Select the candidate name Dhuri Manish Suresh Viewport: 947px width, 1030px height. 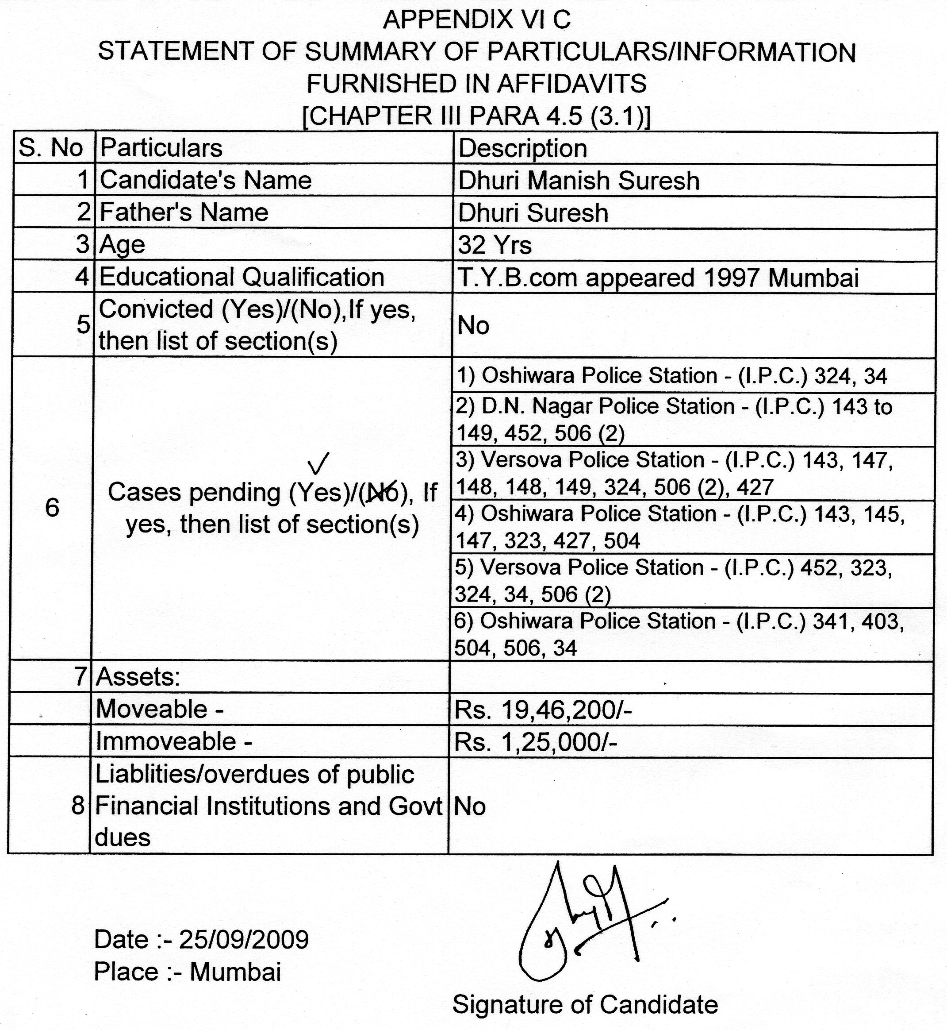pyautogui.click(x=579, y=181)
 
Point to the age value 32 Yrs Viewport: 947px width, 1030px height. pyautogui.click(x=495, y=245)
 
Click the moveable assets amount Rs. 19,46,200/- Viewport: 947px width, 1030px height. pyautogui.click(x=543, y=710)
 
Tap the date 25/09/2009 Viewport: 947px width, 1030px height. pyautogui.click(x=244, y=940)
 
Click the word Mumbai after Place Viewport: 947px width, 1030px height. pyautogui.click(x=235, y=972)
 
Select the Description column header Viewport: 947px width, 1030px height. pyautogui.click(x=522, y=149)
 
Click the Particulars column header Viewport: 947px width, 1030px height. pyautogui.click(x=161, y=148)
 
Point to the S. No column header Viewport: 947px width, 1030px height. pyautogui.click(x=51, y=148)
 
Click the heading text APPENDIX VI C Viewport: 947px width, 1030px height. pyautogui.click(x=476, y=20)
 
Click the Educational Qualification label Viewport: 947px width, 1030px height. pyautogui.click(x=242, y=277)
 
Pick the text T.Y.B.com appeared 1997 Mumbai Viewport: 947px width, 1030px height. pyautogui.click(x=658, y=278)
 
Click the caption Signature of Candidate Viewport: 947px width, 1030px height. pyautogui.click(x=585, y=1004)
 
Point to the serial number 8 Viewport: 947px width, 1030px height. pyautogui.click(x=78, y=806)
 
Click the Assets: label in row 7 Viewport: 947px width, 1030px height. pyautogui.click(x=138, y=677)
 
